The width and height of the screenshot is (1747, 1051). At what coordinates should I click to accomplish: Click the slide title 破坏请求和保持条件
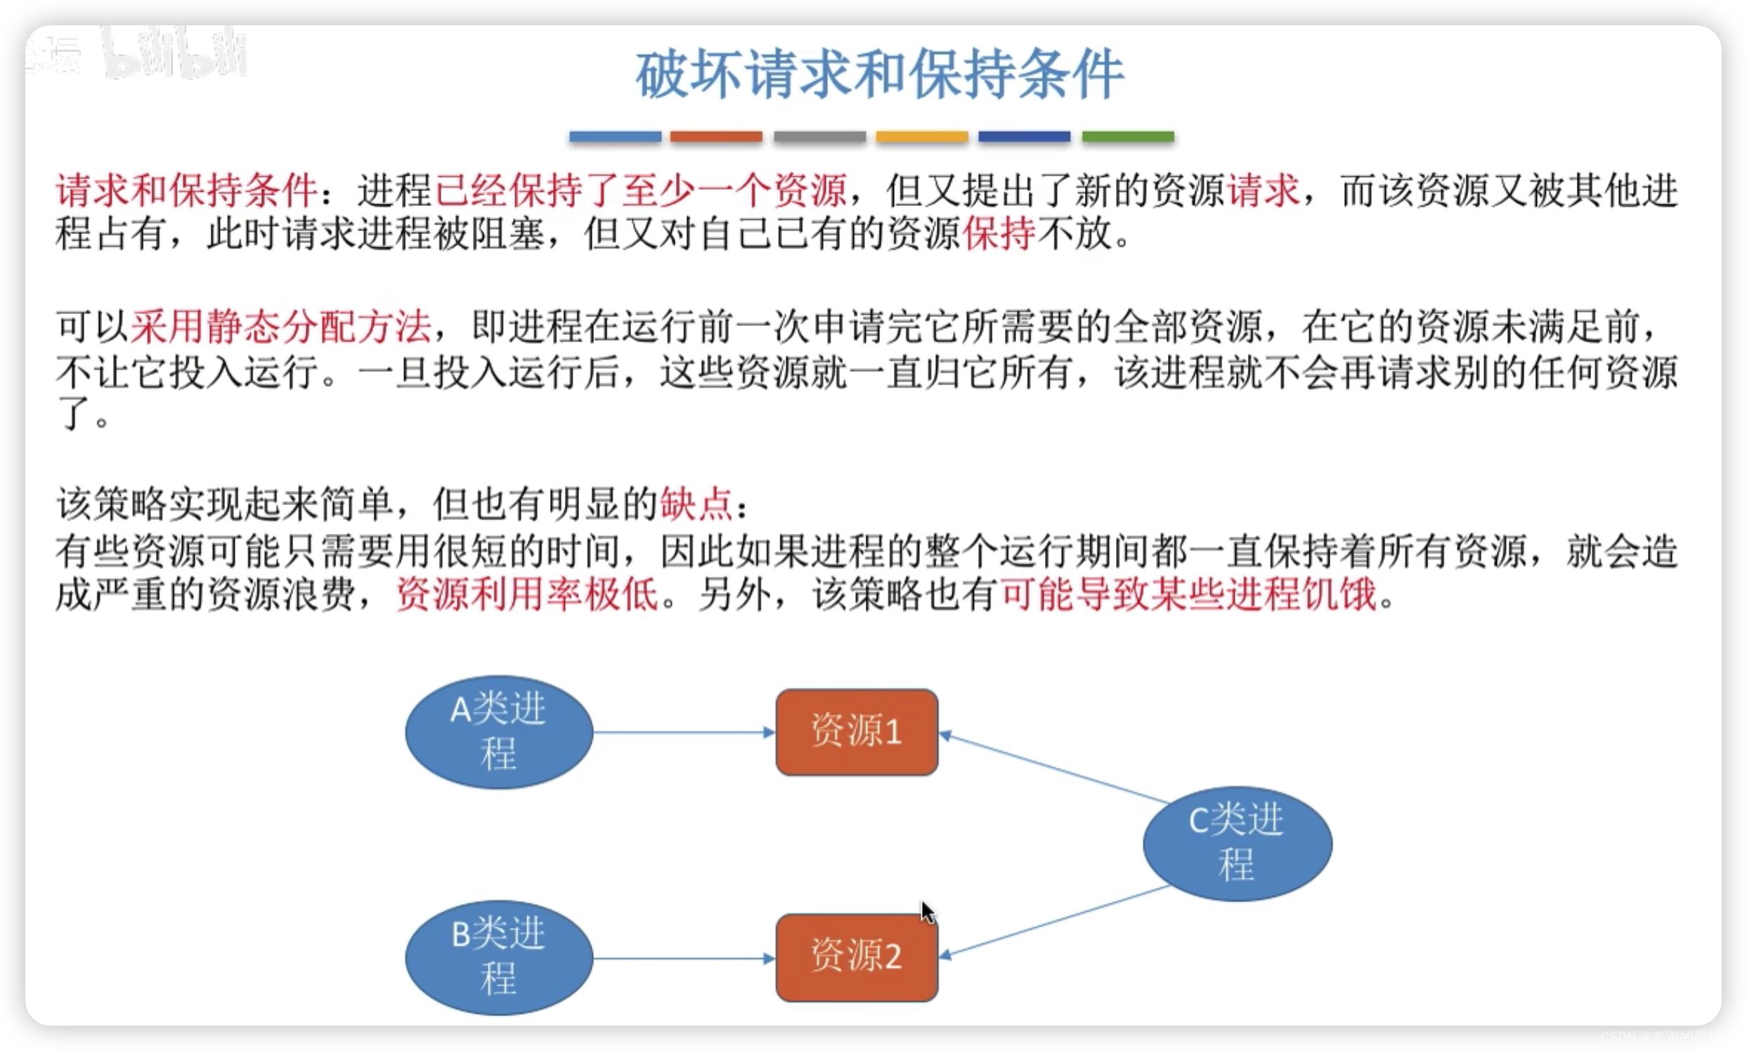[x=879, y=75]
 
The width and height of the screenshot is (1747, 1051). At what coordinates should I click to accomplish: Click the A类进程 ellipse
[x=499, y=731]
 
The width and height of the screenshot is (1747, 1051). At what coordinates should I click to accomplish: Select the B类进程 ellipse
[x=499, y=957]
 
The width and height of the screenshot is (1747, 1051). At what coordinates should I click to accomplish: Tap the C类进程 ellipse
[x=1237, y=843]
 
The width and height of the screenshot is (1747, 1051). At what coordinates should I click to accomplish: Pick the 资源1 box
[x=857, y=731]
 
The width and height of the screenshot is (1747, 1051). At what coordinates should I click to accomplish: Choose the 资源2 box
[x=857, y=957]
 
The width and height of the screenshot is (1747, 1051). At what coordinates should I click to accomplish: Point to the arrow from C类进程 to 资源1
[x=1056, y=769]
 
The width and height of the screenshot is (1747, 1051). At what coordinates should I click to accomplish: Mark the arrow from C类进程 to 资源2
[x=1056, y=921]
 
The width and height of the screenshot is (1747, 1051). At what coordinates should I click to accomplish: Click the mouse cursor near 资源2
[x=928, y=911]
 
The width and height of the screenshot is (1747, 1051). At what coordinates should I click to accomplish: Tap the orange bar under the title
[x=716, y=136]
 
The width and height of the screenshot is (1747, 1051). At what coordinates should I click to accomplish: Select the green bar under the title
[x=1127, y=136]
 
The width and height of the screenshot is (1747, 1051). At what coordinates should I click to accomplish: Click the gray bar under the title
[x=819, y=136]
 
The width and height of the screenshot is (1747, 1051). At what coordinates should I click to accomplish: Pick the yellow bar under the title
[x=922, y=136]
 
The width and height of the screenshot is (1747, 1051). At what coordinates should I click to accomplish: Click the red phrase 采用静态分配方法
[x=280, y=327]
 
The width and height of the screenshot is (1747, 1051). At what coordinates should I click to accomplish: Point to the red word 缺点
[x=696, y=504]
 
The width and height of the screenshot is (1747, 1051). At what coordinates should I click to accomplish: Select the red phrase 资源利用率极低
[x=527, y=594]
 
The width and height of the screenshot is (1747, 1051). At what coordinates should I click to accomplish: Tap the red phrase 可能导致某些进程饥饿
[x=1189, y=594]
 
